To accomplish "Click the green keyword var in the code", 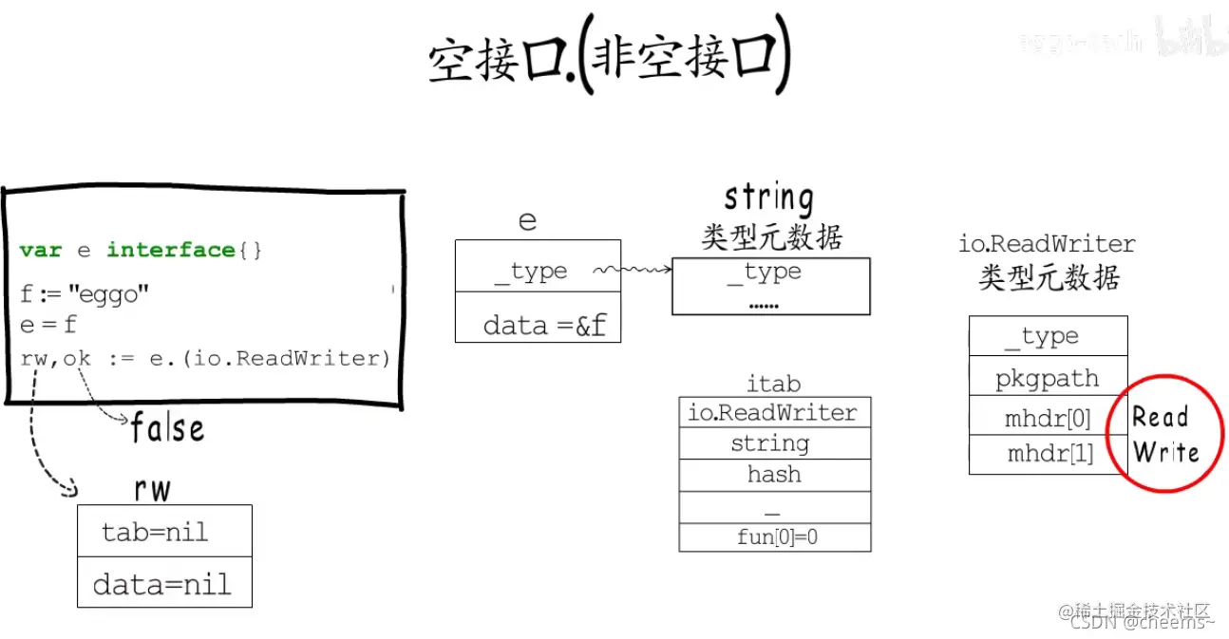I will click(40, 250).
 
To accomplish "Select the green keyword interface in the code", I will click(170, 250).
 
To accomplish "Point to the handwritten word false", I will click(167, 428).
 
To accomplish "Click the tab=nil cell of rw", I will click(155, 532).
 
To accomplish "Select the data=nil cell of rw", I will click(161, 583).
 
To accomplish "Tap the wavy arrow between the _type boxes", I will click(632, 272).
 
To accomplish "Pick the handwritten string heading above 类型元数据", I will click(768, 198).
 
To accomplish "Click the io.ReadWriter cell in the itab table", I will click(773, 413).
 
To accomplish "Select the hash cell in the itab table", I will click(774, 475).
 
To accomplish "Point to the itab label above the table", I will click(773, 384).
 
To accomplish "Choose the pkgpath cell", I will click(1047, 379).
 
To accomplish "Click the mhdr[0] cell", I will click(1048, 418).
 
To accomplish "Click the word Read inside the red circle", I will click(1161, 417).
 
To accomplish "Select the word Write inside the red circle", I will click(1165, 452).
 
